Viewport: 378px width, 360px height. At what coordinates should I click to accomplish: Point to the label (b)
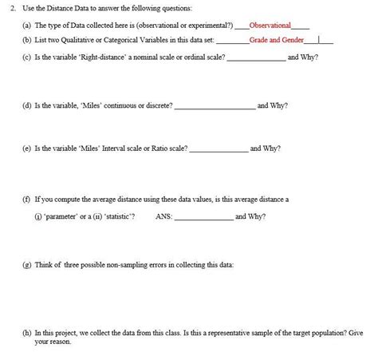(x=27, y=38)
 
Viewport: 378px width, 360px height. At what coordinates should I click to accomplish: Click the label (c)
(x=27, y=57)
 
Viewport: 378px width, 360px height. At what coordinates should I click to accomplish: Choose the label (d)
(x=27, y=105)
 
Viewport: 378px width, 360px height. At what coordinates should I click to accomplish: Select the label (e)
(x=27, y=148)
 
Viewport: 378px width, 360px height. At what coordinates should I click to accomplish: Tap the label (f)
(x=27, y=199)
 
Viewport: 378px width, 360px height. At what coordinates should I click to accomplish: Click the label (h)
(x=27, y=331)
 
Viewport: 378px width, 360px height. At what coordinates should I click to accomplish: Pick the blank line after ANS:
(x=203, y=218)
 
